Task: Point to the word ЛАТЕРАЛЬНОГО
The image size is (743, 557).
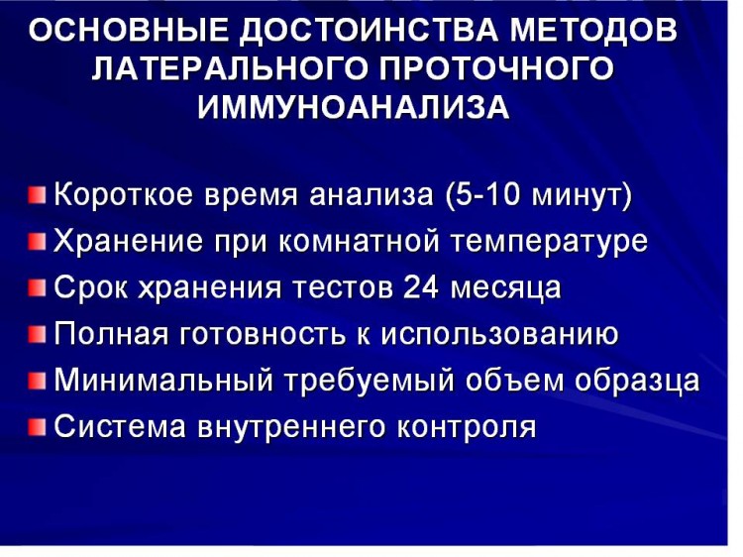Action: tap(230, 69)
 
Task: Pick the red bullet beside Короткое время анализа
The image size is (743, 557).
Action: tap(37, 195)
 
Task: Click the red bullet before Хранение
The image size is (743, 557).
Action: tap(37, 241)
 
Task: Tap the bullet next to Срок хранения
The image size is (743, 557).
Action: tap(37, 287)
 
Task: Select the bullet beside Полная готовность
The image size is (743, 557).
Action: tap(37, 334)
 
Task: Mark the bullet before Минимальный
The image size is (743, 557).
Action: tap(37, 381)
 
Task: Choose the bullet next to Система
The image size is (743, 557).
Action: tap(37, 426)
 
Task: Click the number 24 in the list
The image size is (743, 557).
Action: tap(420, 287)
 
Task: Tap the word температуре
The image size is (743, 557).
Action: tap(548, 243)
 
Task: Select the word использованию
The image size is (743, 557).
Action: tap(500, 334)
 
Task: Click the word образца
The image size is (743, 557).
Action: tap(637, 382)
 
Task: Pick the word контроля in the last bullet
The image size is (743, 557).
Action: tap(466, 427)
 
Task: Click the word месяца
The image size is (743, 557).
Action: tap(505, 288)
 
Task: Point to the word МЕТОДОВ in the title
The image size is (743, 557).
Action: tap(592, 32)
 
